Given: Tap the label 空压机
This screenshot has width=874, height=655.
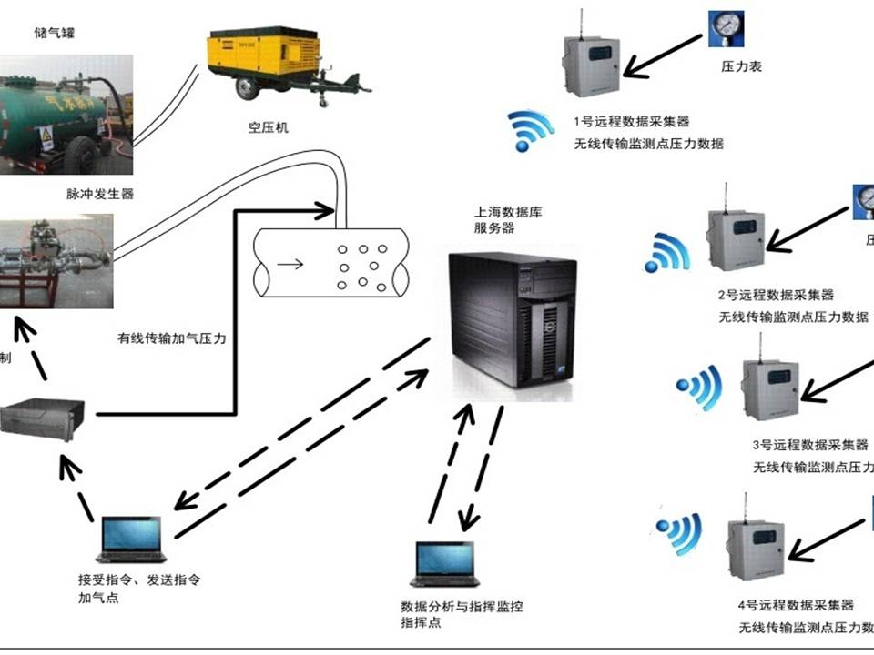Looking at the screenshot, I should point(268,128).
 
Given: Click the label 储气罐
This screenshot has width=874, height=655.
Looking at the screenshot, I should point(56,34).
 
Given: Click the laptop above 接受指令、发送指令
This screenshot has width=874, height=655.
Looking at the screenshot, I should point(132,539).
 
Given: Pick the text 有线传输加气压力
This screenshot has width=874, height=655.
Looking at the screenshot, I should point(172,338).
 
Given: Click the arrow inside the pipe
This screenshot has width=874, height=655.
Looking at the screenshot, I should point(292,265).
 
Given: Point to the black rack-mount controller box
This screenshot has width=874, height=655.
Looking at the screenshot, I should point(44,419).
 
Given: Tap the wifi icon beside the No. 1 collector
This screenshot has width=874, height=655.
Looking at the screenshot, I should point(530,130).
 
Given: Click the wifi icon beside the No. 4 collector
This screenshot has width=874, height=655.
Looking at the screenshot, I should point(680,532).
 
